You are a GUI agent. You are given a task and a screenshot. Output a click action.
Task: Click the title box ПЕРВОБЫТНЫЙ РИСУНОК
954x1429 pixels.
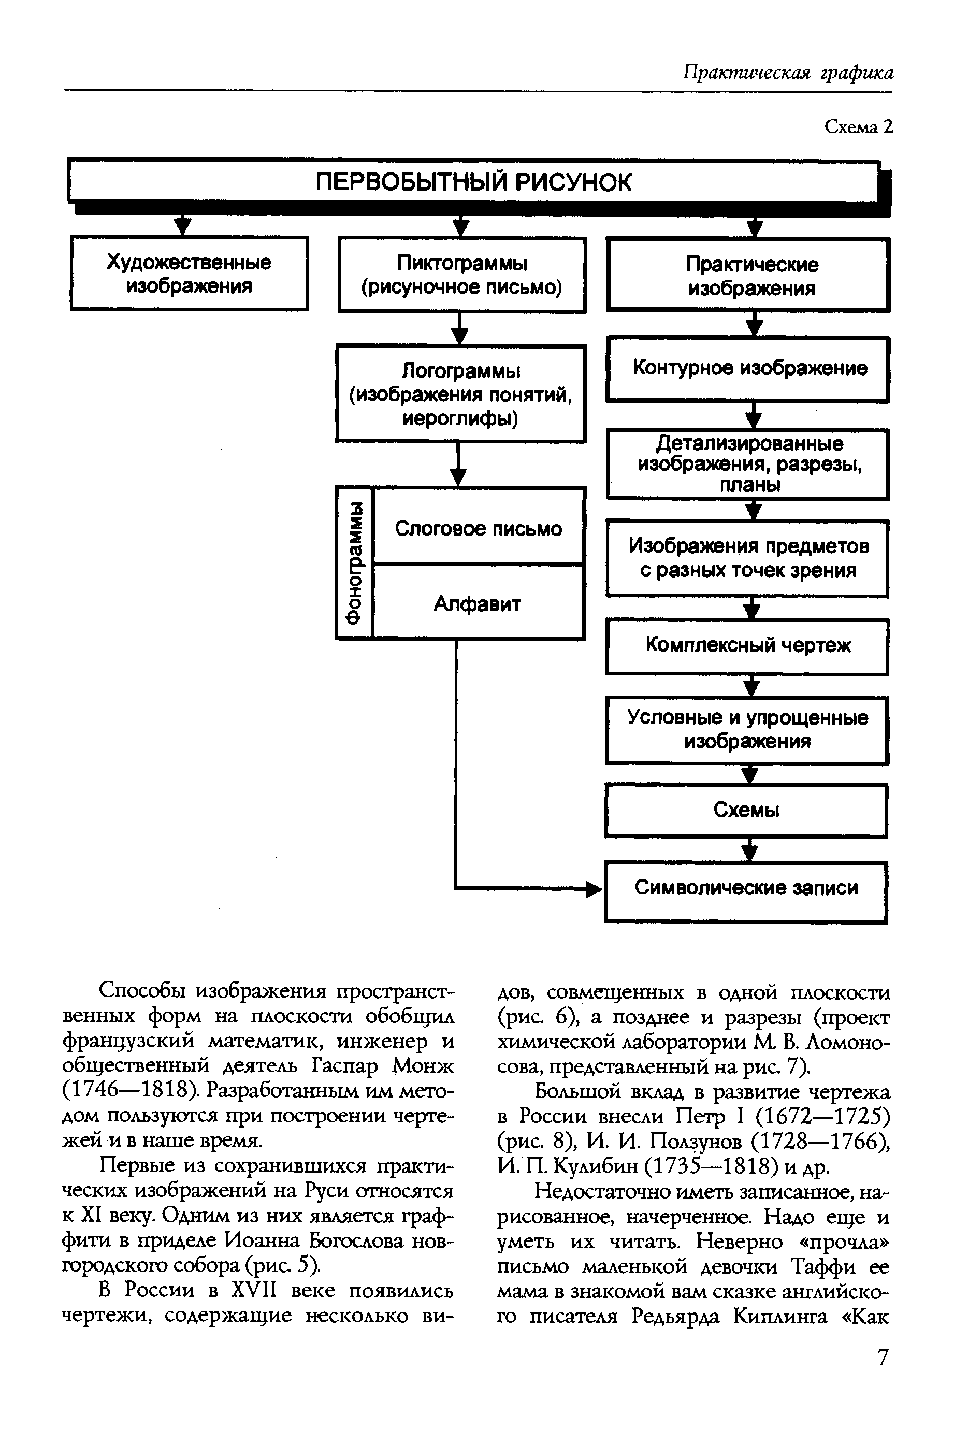473,182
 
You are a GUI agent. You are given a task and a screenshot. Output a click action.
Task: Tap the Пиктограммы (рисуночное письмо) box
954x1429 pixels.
462,275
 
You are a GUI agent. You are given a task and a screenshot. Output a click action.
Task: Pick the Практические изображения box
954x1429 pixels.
748,276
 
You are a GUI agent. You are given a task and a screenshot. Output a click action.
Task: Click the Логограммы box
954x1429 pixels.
460,394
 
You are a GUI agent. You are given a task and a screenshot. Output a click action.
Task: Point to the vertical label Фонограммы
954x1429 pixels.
354,562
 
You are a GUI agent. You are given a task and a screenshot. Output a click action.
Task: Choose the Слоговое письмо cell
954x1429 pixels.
478,528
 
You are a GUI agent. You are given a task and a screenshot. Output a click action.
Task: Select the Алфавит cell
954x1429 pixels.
478,603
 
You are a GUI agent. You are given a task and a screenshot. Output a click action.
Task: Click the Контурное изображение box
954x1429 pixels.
748,369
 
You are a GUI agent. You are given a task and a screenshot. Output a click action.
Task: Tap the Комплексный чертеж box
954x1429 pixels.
747,646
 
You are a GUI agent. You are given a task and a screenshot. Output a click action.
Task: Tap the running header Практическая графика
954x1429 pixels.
788,74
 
